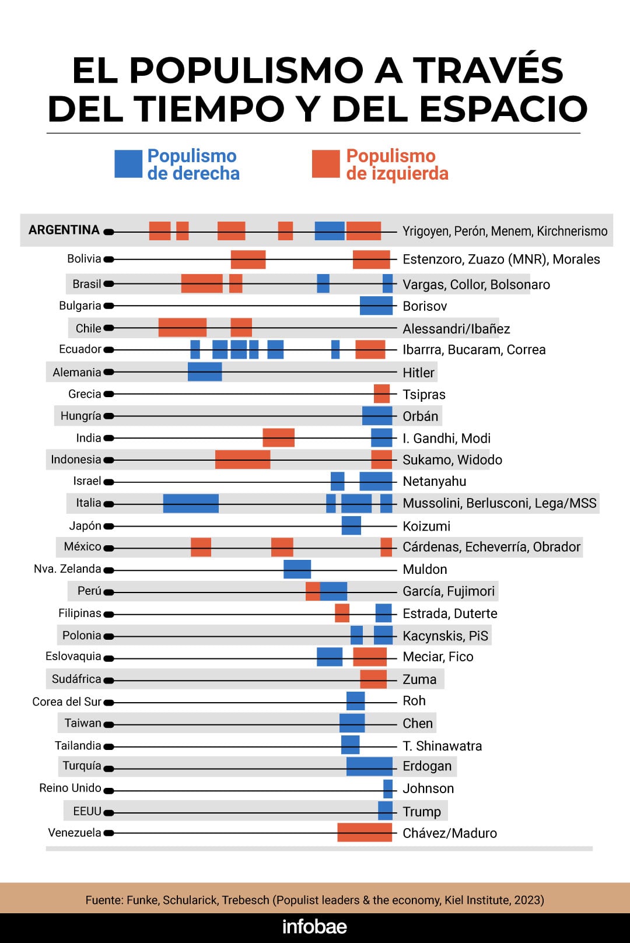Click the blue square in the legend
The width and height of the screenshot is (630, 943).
(128, 164)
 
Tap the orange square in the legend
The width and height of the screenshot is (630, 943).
(325, 164)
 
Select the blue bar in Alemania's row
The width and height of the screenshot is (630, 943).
(205, 371)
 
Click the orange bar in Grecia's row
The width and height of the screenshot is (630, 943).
(381, 394)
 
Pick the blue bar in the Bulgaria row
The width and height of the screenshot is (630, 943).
(376, 306)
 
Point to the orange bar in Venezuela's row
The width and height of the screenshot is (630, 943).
(365, 832)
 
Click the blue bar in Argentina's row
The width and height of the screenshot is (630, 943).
(330, 231)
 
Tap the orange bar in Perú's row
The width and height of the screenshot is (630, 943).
(313, 591)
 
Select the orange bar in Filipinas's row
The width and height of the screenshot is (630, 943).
(342, 614)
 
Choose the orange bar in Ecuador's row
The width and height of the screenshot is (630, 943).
(370, 349)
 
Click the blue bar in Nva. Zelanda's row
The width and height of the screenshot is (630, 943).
(297, 569)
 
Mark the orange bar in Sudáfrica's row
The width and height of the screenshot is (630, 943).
(373, 679)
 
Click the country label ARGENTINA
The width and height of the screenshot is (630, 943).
(64, 230)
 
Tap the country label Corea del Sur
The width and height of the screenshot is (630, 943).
(66, 702)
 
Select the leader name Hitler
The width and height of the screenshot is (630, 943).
(418, 373)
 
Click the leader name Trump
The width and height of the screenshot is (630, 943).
(422, 811)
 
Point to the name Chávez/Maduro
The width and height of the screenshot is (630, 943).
(450, 833)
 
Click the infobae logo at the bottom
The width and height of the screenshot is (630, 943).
(314, 927)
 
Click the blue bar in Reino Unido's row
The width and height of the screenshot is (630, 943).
(388, 789)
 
